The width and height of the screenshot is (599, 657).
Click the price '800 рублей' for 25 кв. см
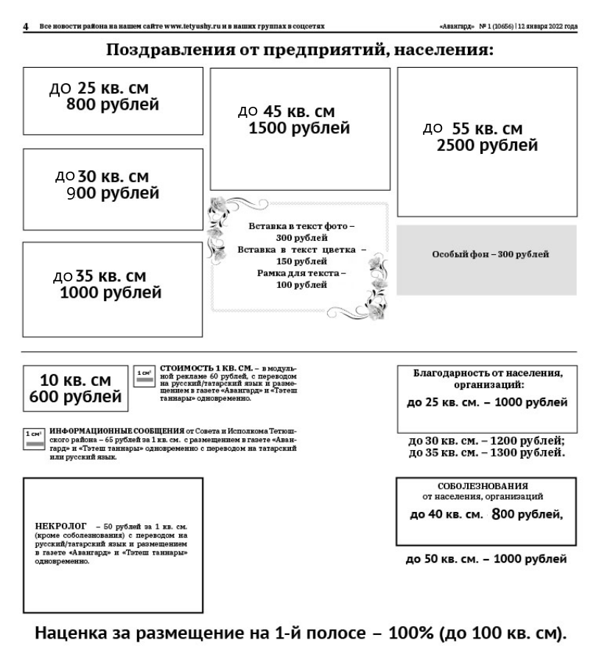112,105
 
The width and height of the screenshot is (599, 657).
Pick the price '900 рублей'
112,194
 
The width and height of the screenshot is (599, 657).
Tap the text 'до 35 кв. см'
100,277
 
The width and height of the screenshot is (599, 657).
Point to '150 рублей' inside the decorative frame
301,261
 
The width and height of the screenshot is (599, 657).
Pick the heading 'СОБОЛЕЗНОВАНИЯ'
483,486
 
